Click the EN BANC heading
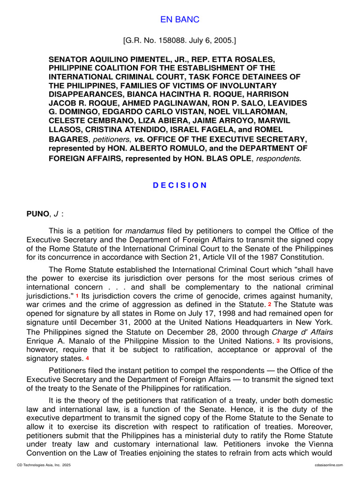[x=180, y=19]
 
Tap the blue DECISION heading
[x=180, y=185]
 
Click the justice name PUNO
[x=37, y=214]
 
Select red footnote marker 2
[x=270, y=305]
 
